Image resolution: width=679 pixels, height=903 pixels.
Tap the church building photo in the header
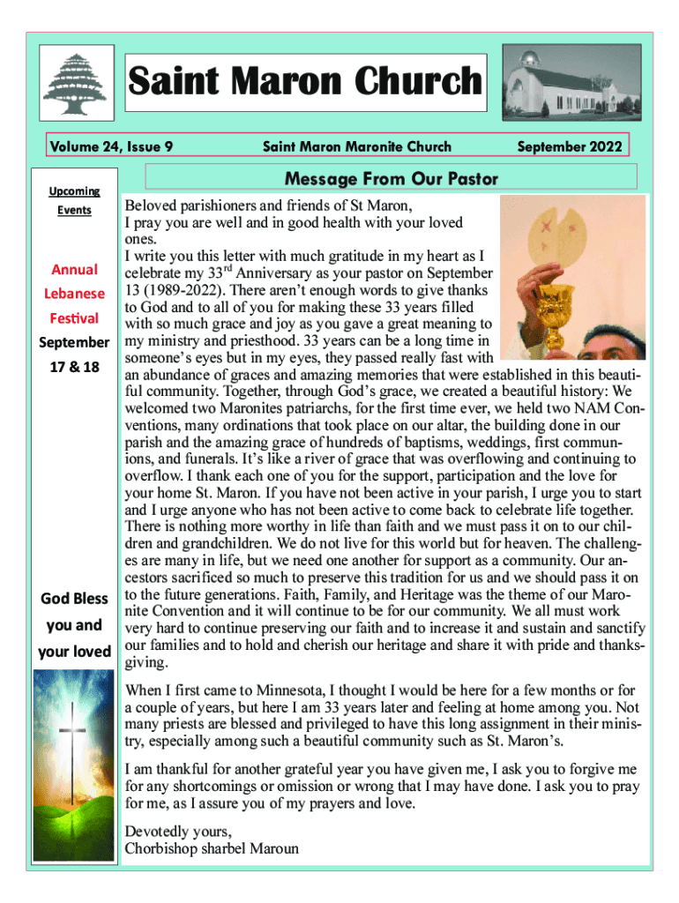pos(566,84)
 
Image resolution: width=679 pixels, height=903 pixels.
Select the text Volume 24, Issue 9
pos(110,146)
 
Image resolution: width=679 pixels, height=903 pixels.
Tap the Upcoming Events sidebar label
pos(73,200)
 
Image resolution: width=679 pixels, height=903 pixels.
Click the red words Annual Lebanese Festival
pos(73,294)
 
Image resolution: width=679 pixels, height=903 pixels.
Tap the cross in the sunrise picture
pos(72,747)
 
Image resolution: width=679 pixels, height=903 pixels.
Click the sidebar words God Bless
pos(74,599)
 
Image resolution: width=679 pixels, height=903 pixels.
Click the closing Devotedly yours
pos(179,831)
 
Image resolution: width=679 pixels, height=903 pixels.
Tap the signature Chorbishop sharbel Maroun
pos(212,848)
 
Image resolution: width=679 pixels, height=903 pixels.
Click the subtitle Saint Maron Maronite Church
pos(357,146)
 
